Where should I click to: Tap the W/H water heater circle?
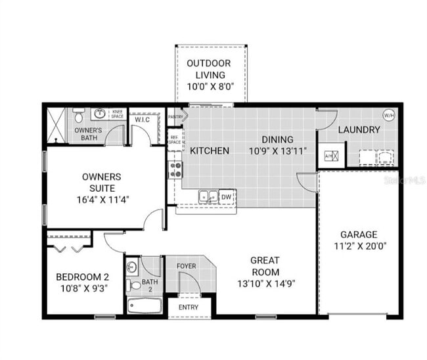(x=388, y=115)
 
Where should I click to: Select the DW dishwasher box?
(x=227, y=196)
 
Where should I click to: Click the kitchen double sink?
(x=208, y=196)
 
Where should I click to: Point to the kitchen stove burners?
(x=176, y=169)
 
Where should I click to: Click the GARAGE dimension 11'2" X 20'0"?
(x=358, y=247)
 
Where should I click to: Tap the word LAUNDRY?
(x=359, y=130)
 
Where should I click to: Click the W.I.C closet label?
(x=143, y=120)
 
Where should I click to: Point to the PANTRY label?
(x=175, y=117)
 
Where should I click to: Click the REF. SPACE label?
(x=175, y=139)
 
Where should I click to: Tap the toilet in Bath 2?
(x=132, y=267)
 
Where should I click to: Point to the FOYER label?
(x=187, y=267)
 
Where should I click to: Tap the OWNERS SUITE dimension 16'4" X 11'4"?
(x=101, y=199)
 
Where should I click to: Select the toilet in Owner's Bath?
(x=78, y=116)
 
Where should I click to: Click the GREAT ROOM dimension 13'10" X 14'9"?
(x=265, y=283)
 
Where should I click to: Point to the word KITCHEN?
(x=210, y=151)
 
